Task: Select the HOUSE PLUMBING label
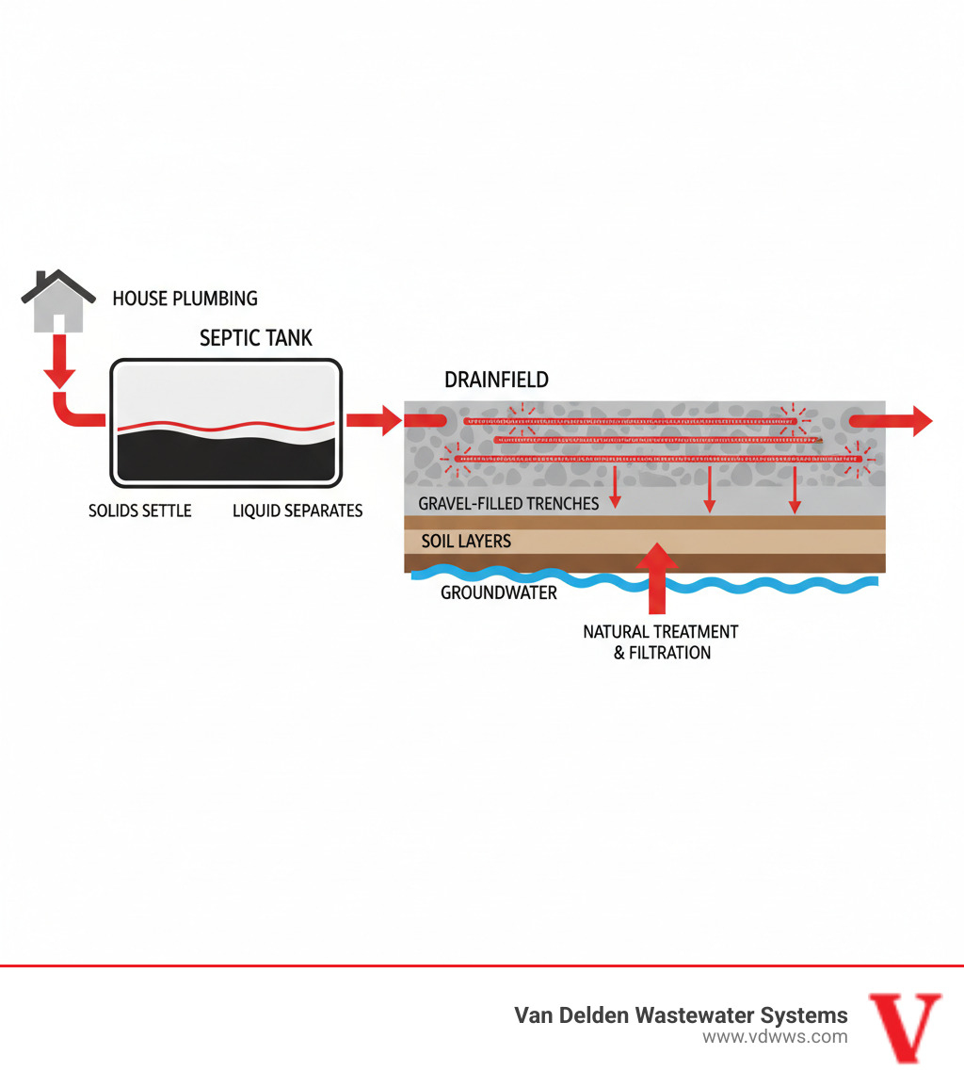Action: (x=185, y=299)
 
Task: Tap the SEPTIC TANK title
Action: (x=256, y=337)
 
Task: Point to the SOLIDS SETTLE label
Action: (x=139, y=511)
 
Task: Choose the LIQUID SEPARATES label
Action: (x=297, y=511)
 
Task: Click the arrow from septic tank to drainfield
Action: (x=374, y=420)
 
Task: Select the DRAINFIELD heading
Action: (x=496, y=381)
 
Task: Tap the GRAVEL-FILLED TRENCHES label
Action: (x=508, y=503)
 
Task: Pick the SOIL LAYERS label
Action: (x=466, y=542)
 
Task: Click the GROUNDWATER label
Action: (x=499, y=592)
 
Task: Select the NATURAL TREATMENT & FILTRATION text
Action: (x=661, y=641)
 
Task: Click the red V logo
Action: (x=904, y=1027)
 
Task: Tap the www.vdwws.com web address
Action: (x=774, y=1037)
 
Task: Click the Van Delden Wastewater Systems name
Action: (x=680, y=1014)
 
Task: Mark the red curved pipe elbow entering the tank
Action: (x=71, y=414)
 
